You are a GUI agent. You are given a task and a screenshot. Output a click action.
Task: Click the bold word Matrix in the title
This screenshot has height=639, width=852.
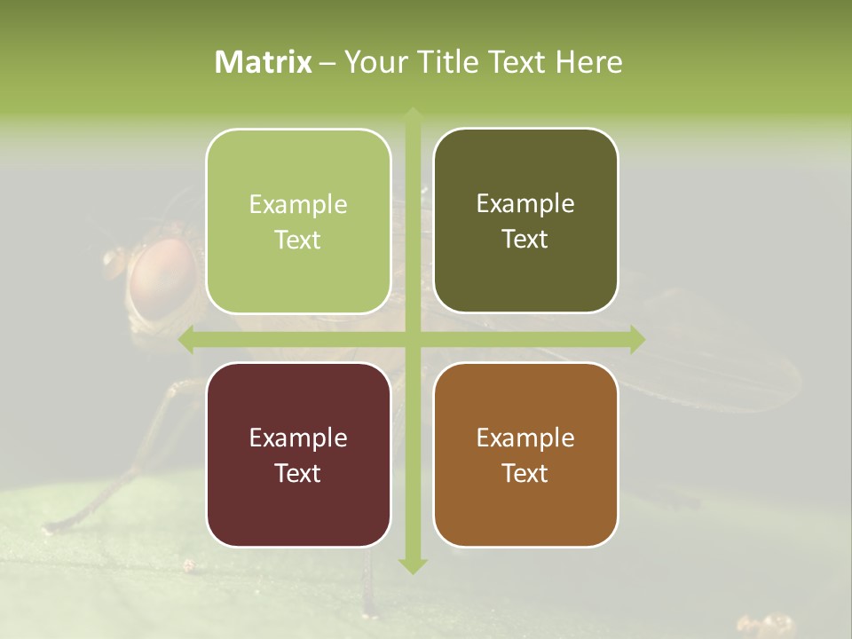264,62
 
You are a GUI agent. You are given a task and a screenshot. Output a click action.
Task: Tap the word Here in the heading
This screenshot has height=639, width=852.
588,62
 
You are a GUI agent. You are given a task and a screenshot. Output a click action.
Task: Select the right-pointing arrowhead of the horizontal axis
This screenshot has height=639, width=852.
636,339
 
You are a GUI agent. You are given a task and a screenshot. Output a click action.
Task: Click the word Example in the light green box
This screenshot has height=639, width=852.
298,205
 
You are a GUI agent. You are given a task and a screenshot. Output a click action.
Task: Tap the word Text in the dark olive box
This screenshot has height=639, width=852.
525,240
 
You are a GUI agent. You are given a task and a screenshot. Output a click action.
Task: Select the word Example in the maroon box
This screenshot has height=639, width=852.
298,438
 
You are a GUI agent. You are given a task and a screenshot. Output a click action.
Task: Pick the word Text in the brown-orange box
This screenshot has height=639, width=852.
525,473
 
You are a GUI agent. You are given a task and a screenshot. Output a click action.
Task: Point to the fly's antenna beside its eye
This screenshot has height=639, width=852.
114,260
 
